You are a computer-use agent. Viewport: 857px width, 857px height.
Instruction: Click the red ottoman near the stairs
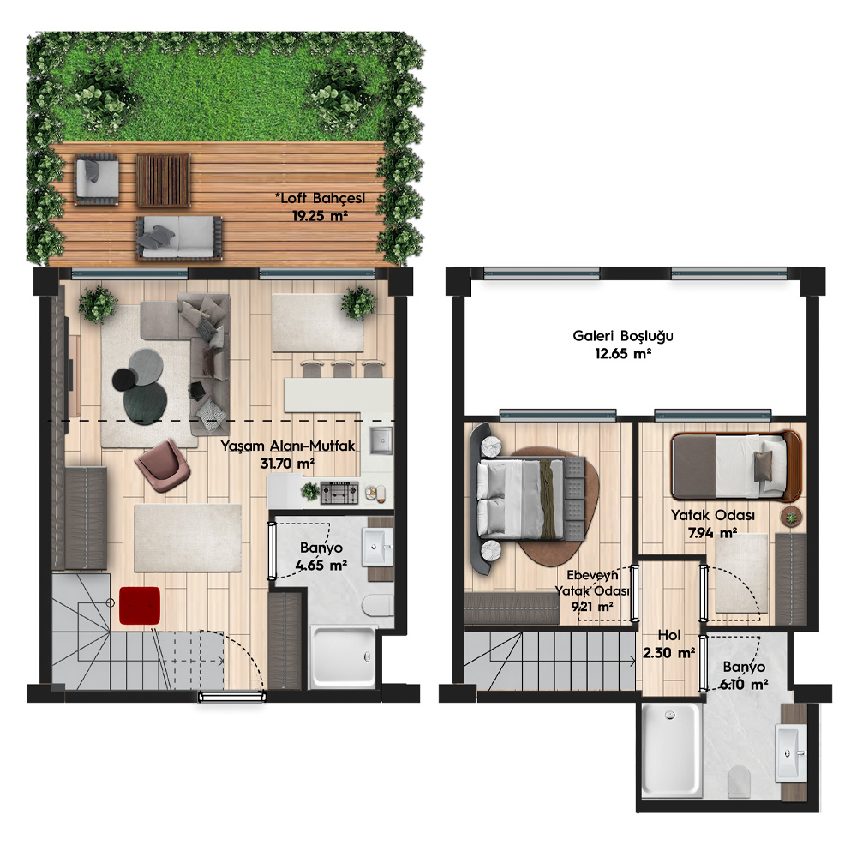[140, 606]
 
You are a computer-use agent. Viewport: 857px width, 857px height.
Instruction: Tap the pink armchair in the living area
[162, 465]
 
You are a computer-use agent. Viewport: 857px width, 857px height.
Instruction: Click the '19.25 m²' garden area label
[320, 215]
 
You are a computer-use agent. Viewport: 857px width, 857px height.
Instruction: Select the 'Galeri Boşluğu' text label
[622, 336]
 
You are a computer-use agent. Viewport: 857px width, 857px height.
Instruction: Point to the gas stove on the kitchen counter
[339, 493]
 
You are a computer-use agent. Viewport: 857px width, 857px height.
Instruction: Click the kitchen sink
[381, 440]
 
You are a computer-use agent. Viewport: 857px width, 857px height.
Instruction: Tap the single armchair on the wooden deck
[97, 179]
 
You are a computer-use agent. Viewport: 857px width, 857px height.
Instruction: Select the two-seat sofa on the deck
[179, 237]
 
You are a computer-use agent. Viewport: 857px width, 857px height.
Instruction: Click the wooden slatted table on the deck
[163, 180]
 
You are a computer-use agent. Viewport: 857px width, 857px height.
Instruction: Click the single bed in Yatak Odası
[736, 465]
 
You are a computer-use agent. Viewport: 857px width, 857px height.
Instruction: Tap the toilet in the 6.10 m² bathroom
[739, 781]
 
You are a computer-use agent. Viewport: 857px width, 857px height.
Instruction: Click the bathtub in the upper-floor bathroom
[671, 749]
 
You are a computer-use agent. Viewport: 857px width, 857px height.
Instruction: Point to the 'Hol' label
[669, 634]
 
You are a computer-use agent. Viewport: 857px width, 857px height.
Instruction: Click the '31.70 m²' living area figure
[287, 464]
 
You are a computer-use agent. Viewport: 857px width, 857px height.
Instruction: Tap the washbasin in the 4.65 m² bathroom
[377, 545]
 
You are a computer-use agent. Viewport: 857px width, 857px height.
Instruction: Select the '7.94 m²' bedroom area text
[713, 532]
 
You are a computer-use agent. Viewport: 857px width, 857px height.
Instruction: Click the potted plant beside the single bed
[790, 517]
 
